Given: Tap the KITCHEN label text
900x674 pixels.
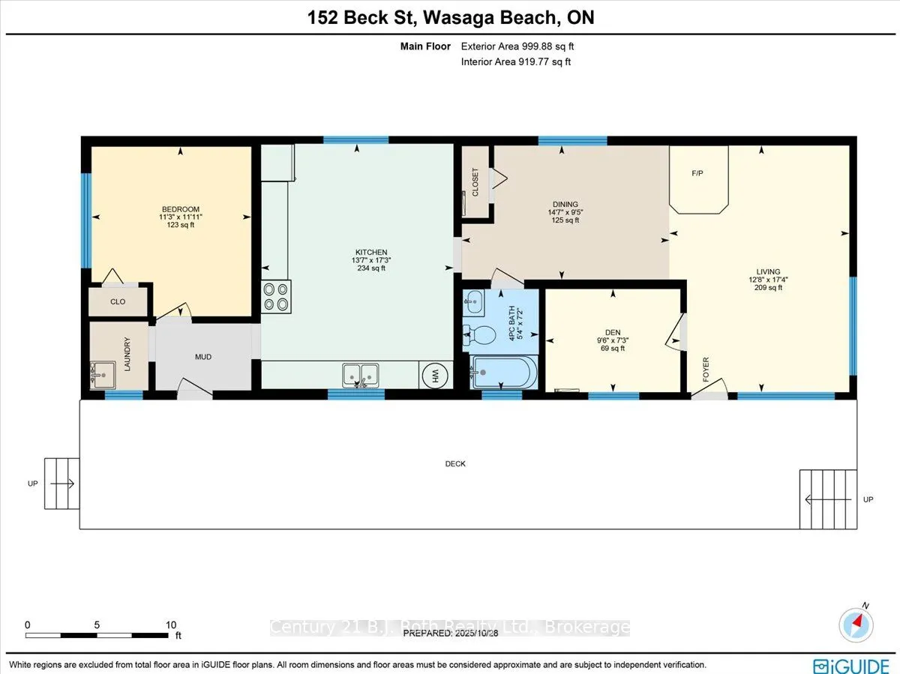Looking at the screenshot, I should (371, 253).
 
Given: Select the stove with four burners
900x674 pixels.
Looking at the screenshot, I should (276, 296).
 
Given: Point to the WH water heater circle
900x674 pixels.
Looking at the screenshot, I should (435, 375).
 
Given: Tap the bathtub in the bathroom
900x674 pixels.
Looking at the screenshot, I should (503, 372).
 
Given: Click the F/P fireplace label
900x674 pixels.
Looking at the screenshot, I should (697, 173).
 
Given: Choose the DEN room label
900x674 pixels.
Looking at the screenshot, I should (613, 333).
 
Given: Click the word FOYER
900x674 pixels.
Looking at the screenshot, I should (706, 370).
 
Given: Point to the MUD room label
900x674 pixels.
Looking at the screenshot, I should (202, 357).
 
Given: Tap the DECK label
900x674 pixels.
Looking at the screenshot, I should (455, 464).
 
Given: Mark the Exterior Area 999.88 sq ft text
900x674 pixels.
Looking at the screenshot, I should (517, 46).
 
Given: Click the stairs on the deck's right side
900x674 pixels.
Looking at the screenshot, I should (827, 499).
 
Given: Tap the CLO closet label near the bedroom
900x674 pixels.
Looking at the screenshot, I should (118, 302).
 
